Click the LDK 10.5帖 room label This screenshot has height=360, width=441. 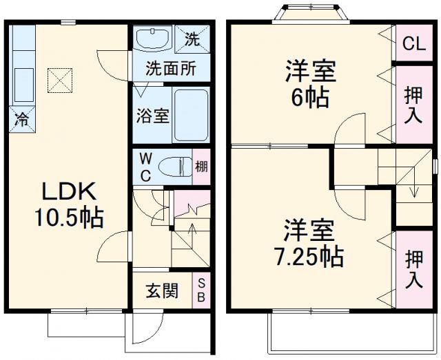click(69, 205)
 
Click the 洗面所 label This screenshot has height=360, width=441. click(170, 69)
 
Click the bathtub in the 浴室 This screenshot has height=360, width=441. click(189, 115)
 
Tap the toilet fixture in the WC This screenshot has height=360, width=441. click(172, 167)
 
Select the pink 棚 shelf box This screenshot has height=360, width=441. click(201, 167)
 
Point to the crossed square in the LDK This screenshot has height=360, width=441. click(59, 81)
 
